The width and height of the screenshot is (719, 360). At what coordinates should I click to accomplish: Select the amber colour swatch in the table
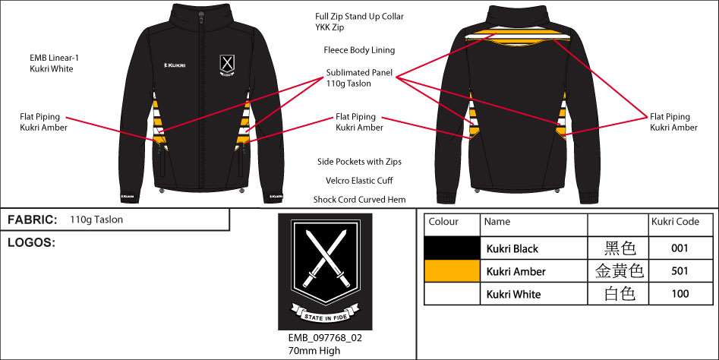(452, 271)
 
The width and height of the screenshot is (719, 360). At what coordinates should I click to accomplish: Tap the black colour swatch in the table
(452, 248)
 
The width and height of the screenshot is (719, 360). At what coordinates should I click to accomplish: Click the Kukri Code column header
(675, 222)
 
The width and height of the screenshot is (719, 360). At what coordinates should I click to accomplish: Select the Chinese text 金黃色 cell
(617, 271)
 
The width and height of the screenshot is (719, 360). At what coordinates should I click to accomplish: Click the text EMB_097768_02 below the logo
(324, 339)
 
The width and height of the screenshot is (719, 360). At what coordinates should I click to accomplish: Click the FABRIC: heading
(32, 219)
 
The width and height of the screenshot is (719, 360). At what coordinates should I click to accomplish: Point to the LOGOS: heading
(31, 243)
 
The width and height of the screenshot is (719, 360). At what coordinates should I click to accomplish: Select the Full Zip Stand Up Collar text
(359, 16)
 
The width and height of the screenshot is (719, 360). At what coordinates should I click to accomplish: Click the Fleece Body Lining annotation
(359, 50)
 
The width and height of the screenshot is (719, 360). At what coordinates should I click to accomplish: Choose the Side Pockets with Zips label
(359, 162)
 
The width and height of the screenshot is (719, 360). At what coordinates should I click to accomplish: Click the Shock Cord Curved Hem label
(359, 200)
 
